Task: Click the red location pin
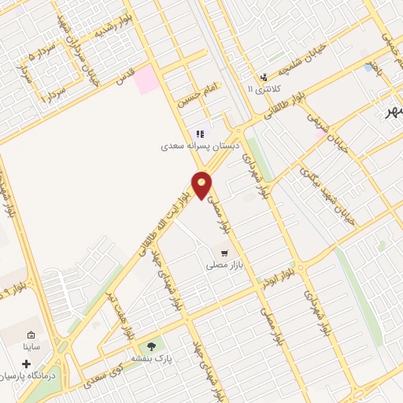click(x=202, y=184)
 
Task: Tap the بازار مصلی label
click(x=223, y=267)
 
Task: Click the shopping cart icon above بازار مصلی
click(x=224, y=253)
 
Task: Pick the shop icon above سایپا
click(x=31, y=334)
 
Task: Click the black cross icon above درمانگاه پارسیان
click(x=28, y=364)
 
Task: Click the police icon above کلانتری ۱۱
click(x=263, y=77)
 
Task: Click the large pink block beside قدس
click(x=146, y=80)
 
